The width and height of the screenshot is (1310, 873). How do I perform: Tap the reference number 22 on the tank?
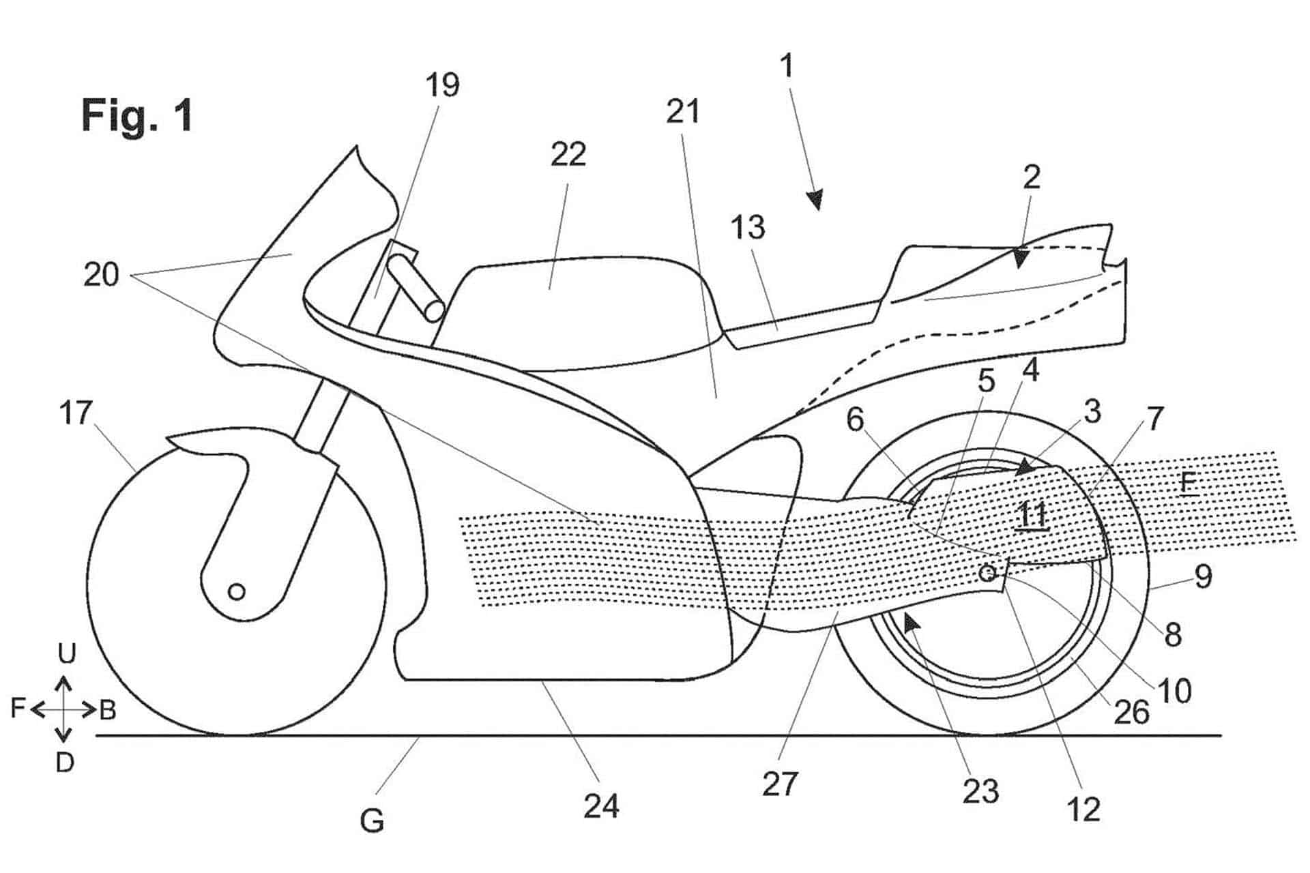coord(568,156)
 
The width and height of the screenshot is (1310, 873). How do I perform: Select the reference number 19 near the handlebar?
coord(442,86)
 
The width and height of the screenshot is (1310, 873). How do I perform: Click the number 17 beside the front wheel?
coord(75,413)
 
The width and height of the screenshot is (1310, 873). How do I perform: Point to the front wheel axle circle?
coord(236,591)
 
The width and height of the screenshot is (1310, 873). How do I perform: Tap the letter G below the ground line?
coord(372,821)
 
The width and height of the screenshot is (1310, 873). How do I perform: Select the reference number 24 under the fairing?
coord(601,806)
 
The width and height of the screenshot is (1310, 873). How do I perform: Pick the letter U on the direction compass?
coord(66,654)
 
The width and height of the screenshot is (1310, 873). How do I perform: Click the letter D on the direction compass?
coord(64,763)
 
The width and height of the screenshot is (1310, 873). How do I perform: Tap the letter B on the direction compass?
coord(108,711)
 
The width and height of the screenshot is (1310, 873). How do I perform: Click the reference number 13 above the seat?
coord(748,228)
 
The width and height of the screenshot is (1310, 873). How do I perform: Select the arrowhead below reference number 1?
coord(814,200)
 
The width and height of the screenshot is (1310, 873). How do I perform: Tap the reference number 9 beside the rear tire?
coord(1203,576)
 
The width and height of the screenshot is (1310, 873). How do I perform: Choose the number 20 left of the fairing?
coord(101,275)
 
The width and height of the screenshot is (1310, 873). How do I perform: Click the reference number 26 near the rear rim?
coord(1132,713)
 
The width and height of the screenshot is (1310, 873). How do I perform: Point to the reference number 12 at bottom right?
coord(1083,810)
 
